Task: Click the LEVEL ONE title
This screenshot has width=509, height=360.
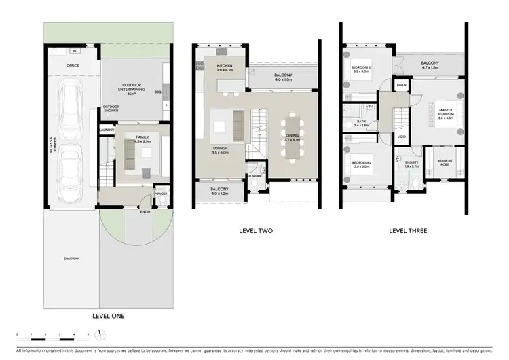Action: point(107,316)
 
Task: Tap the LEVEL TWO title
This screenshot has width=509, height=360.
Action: point(256,231)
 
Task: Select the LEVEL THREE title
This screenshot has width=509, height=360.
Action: point(407,231)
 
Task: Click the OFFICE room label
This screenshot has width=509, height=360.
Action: point(73,66)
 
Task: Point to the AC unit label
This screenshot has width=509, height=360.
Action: point(76,51)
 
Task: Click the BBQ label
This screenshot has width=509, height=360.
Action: point(157,91)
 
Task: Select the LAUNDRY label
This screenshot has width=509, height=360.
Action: point(106,130)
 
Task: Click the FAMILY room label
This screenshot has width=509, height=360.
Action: point(142,138)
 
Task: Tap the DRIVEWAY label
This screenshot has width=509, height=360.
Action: point(71,259)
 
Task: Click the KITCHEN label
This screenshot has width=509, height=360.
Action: point(225,67)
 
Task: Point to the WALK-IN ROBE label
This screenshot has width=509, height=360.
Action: point(445,163)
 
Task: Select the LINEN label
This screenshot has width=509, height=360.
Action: point(401,86)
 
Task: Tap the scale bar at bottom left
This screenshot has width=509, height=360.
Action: point(58,334)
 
